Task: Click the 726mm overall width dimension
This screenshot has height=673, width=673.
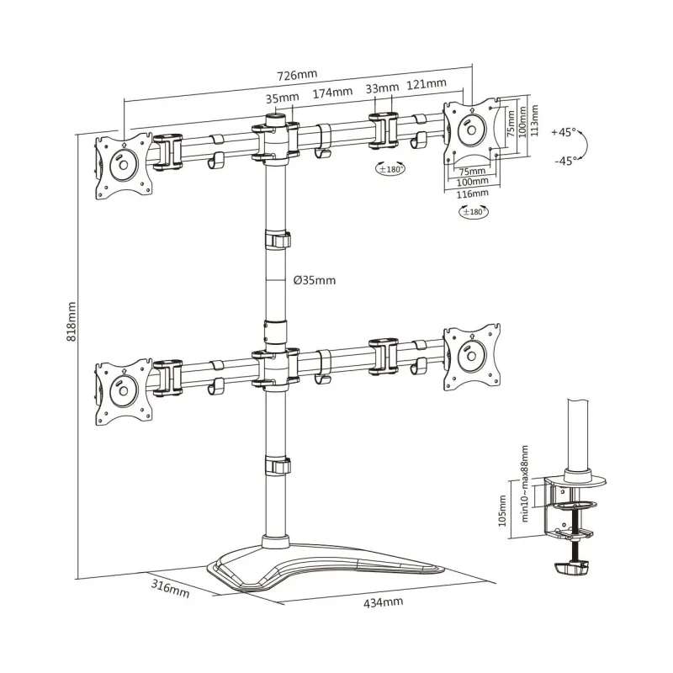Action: pos(297,75)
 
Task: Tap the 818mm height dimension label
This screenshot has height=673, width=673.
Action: pos(72,321)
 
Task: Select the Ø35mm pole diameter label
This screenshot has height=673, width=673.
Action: pos(315,280)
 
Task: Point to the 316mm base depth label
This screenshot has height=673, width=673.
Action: pos(170,588)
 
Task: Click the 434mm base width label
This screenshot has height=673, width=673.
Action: pos(384,602)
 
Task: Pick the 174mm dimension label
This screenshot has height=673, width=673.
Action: pos(332,93)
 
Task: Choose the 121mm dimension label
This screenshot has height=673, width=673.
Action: pos(427,83)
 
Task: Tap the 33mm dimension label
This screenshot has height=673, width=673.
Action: pos(382,88)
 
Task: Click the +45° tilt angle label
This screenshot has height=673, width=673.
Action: pos(564,132)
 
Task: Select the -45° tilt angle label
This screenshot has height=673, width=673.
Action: pos(565,161)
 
